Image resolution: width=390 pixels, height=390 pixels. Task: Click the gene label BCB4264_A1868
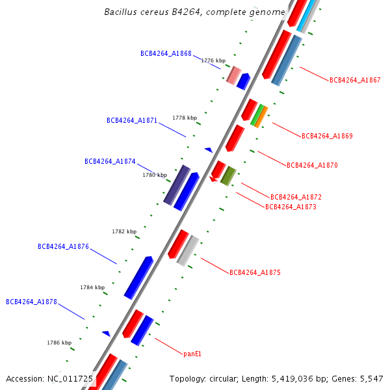click(166, 54)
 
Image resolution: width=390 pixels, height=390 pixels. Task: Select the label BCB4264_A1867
click(355, 81)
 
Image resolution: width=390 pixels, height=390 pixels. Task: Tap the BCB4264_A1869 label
click(327, 136)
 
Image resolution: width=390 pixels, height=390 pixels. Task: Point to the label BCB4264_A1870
click(312, 166)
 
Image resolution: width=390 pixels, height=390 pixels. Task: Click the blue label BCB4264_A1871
click(132, 121)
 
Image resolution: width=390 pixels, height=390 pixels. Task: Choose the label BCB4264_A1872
click(296, 197)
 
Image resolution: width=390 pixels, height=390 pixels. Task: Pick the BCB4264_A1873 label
click(291, 207)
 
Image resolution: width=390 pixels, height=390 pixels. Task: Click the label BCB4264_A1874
click(110, 162)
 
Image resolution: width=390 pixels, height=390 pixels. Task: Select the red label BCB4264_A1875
click(255, 273)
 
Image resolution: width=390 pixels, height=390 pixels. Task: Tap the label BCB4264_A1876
click(63, 247)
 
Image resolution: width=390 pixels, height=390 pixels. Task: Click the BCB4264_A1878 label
click(31, 302)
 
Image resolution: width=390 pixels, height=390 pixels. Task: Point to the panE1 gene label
click(192, 354)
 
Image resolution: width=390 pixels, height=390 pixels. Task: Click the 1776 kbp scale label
click(213, 60)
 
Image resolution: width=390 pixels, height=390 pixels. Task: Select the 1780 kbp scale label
click(155, 175)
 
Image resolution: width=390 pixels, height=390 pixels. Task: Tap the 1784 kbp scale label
click(92, 287)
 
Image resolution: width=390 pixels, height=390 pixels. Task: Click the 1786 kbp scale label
click(58, 343)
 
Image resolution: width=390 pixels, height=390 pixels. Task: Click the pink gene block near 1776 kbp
click(233, 75)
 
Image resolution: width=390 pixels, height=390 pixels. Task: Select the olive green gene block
click(228, 175)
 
